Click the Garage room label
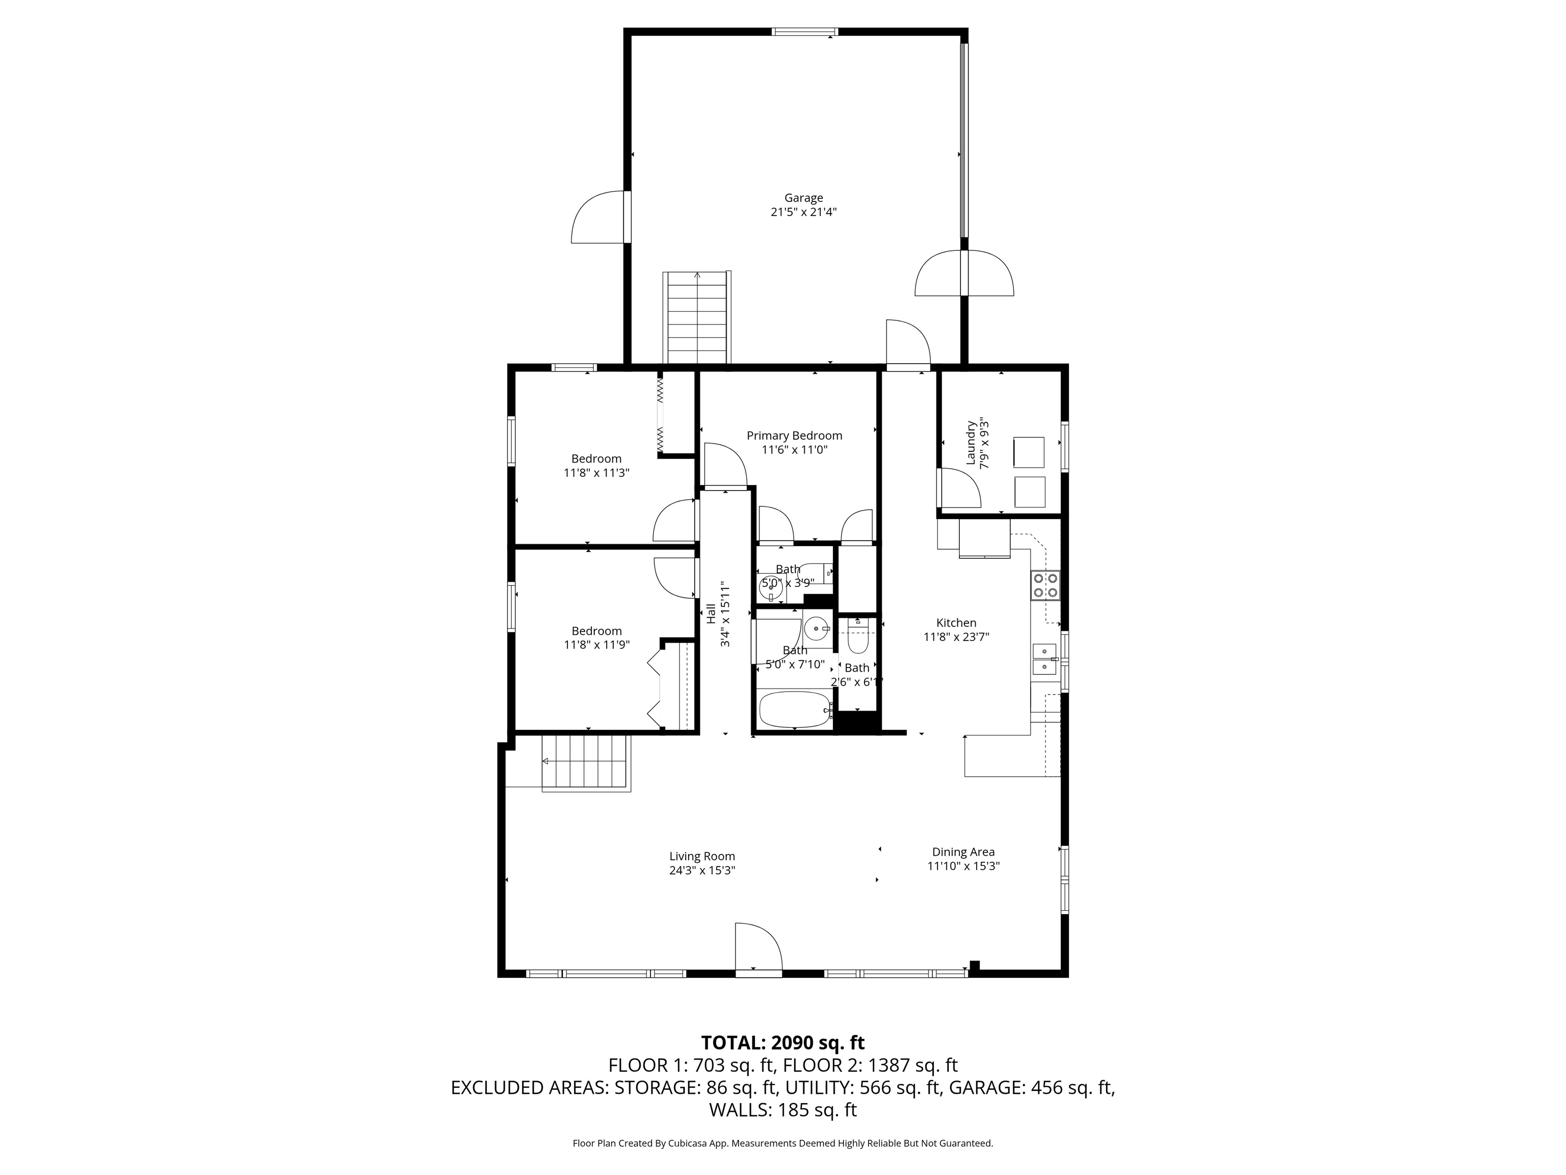[x=803, y=197]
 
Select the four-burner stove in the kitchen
[x=1045, y=585]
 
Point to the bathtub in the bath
[x=794, y=709]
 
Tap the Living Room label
[x=701, y=856]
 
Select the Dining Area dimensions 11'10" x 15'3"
[x=963, y=866]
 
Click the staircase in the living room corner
[x=586, y=762]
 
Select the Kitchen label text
[x=956, y=623]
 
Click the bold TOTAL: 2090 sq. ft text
[x=782, y=1042]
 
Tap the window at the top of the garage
[x=804, y=31]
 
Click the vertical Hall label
[x=711, y=614]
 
